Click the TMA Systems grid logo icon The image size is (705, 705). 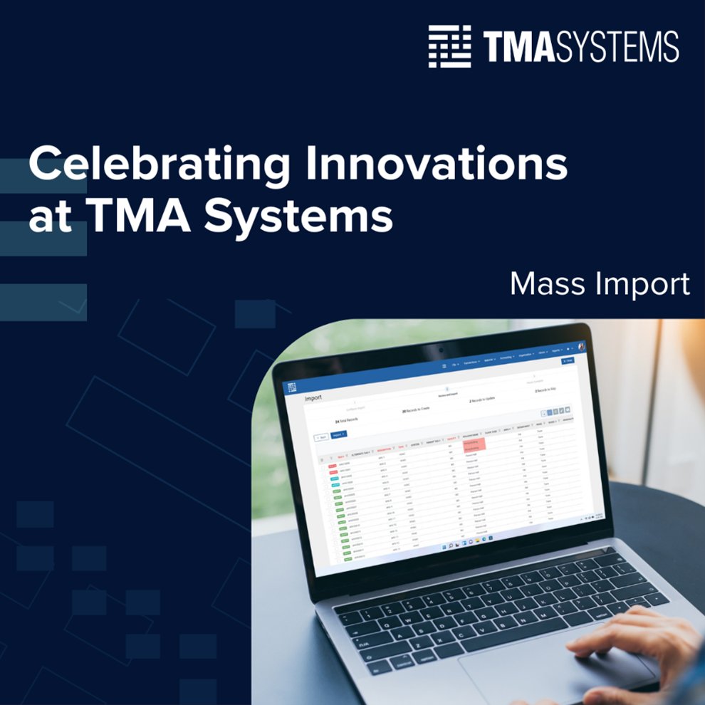coord(449,46)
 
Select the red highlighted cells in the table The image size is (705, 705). coord(474,444)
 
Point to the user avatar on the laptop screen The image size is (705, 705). coord(581,346)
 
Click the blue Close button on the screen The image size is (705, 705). coord(567,361)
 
